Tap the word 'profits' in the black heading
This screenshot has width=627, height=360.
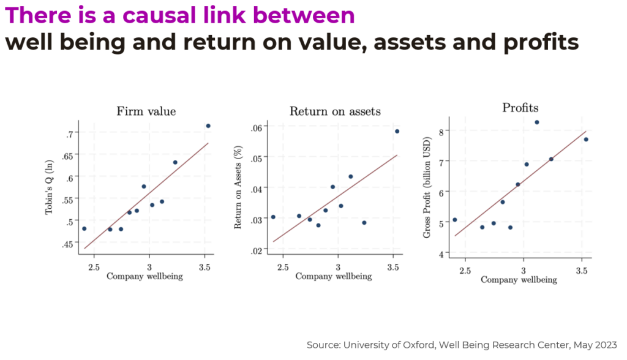tap(541, 43)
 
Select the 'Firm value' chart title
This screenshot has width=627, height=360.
tap(146, 111)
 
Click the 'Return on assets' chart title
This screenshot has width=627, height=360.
tap(335, 111)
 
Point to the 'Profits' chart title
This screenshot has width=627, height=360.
tap(520, 108)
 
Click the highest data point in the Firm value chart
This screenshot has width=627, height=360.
tap(208, 126)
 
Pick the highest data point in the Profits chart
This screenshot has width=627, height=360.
tap(536, 122)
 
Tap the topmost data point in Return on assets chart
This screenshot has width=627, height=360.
tap(397, 131)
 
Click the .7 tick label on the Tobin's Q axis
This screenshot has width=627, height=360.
tap(69, 134)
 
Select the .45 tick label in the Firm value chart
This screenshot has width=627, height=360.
tap(67, 244)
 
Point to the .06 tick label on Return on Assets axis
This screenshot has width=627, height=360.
tap(257, 128)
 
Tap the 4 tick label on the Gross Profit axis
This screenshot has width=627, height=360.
tap(441, 255)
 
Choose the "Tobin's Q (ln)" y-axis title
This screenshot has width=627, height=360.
tap(49, 187)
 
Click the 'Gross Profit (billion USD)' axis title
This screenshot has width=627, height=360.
tap(427, 187)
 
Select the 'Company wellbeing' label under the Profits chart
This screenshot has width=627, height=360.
tap(519, 280)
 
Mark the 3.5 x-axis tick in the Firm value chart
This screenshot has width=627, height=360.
tap(205, 267)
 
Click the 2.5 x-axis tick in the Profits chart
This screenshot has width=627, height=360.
tap(465, 271)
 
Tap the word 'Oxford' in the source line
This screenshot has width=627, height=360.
tap(419, 345)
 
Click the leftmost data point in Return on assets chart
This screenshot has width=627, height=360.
tap(273, 217)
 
